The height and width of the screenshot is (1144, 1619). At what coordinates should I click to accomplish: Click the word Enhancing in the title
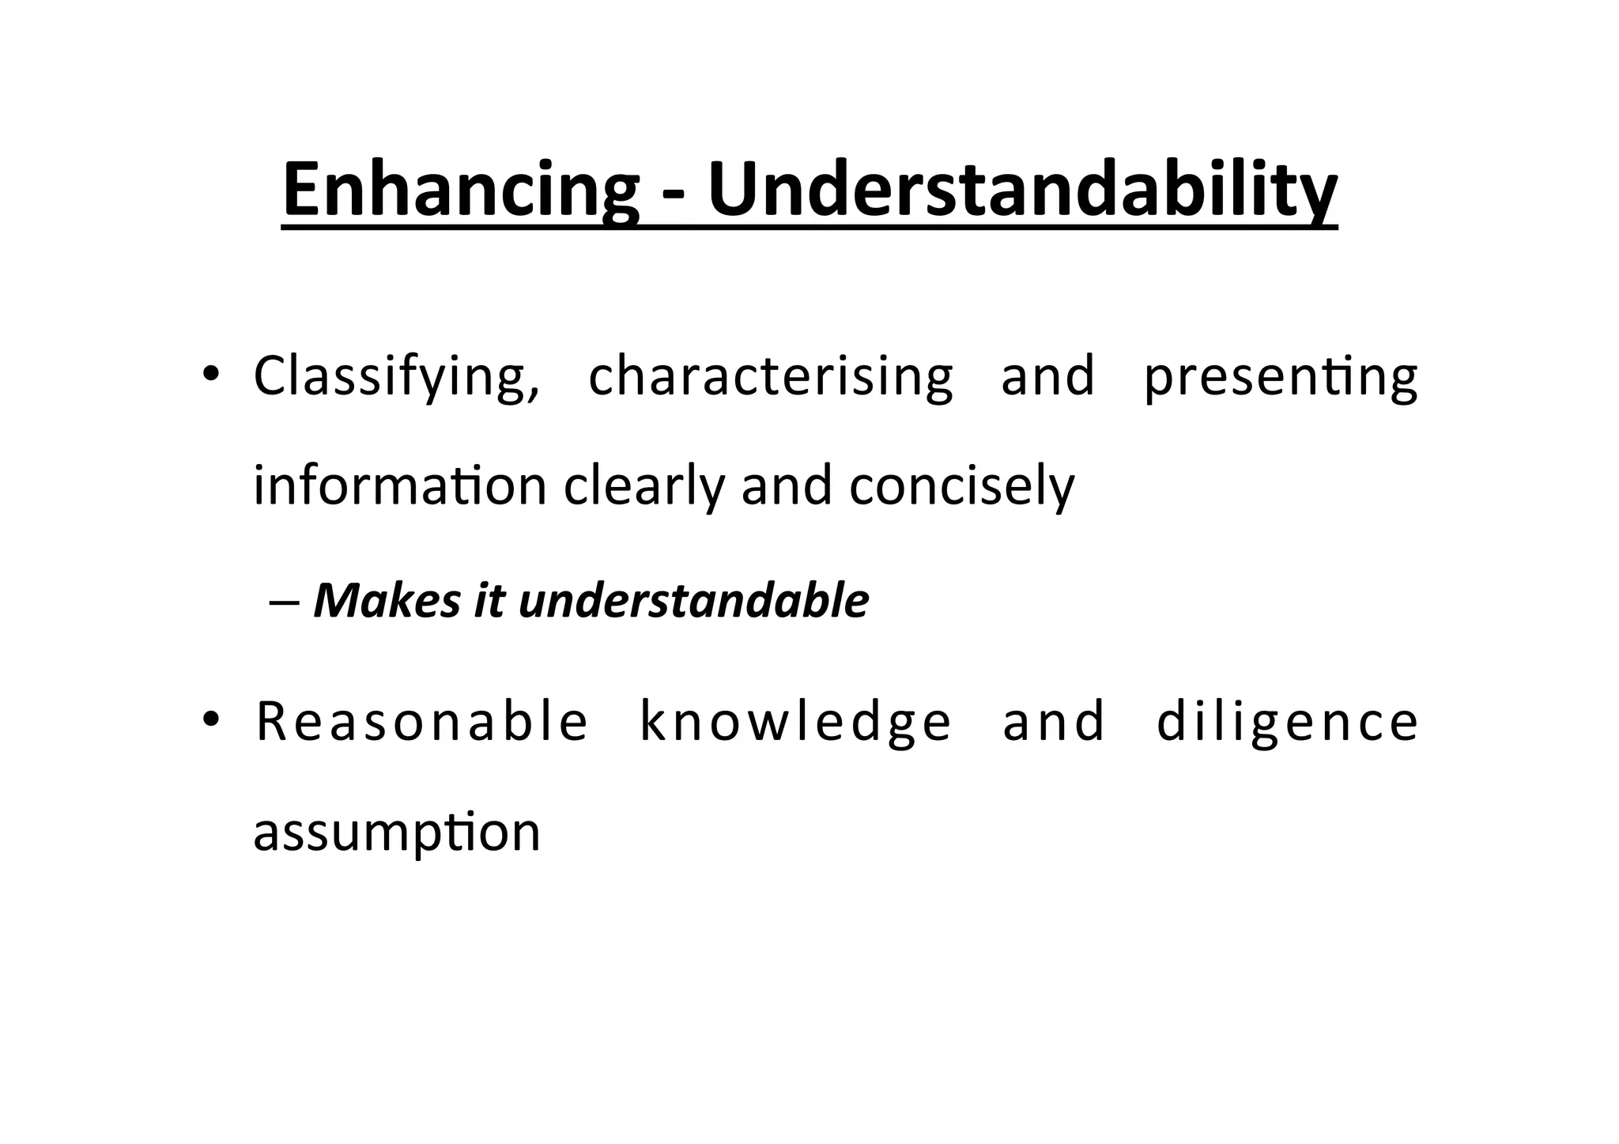[460, 191]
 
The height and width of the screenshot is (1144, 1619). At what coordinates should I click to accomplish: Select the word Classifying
[397, 378]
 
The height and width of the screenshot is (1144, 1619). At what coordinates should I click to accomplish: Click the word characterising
[771, 378]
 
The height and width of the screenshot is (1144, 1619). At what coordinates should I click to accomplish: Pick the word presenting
[1281, 378]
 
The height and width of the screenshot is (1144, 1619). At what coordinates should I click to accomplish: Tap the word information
[400, 485]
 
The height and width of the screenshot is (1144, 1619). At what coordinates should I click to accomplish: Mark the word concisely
[962, 485]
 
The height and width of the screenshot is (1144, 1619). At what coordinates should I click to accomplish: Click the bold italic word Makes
[387, 601]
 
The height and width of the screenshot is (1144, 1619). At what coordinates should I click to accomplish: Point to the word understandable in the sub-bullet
[693, 601]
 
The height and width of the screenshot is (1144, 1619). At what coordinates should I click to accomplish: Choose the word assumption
[397, 833]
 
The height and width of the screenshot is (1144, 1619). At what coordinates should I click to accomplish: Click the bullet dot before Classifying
[209, 373]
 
